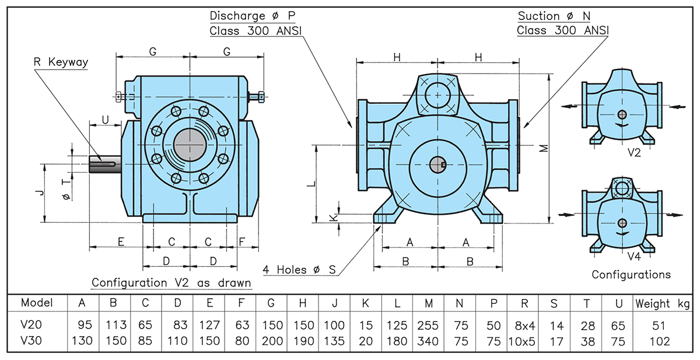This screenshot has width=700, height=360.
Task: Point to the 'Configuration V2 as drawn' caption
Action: (171, 283)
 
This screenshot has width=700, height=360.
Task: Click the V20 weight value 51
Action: (662, 326)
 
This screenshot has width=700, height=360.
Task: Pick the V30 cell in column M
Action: (429, 341)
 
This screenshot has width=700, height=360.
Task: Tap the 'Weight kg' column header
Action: (662, 303)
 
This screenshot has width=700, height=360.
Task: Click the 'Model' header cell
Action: (36, 303)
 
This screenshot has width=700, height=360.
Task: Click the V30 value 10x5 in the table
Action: (522, 341)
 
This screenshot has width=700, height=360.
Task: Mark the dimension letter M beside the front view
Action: (543, 148)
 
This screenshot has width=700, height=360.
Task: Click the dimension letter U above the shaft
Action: (105, 120)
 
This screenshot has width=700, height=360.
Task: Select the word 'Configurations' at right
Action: (631, 274)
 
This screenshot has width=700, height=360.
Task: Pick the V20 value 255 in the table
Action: (429, 326)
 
